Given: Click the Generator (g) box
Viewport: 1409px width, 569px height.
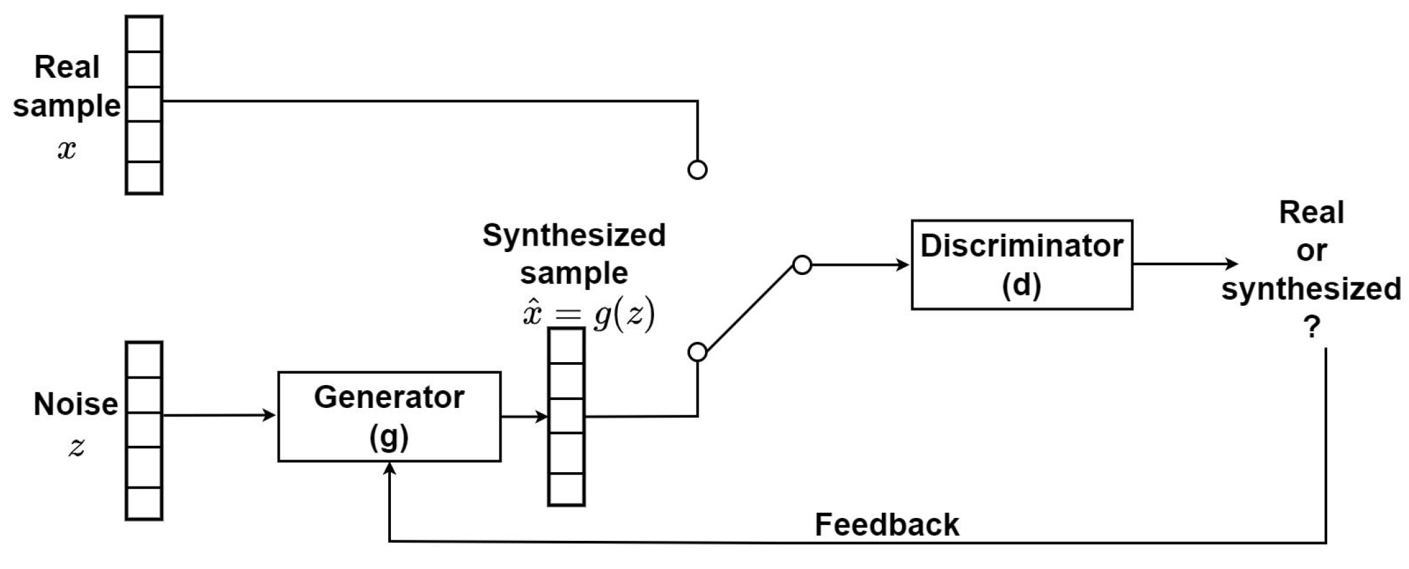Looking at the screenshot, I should tap(389, 416).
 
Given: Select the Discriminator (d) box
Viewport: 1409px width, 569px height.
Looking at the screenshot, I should tap(1021, 265).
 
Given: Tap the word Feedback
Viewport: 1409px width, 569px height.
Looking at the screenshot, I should tap(887, 525).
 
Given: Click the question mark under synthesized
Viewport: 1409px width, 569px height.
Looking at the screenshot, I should tap(1311, 327).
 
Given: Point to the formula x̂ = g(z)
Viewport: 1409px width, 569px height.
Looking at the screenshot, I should tap(588, 316).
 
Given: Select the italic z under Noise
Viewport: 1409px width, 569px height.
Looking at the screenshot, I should tap(77, 447).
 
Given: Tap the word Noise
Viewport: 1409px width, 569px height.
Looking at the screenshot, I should tap(76, 404).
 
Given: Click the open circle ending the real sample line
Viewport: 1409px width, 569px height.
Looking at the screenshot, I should tap(697, 170).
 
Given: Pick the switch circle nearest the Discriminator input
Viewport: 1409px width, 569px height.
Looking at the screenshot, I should tap(802, 265).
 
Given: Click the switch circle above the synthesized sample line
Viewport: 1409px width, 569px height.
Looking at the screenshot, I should tap(697, 352).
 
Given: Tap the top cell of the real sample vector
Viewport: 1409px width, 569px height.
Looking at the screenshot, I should tap(144, 34).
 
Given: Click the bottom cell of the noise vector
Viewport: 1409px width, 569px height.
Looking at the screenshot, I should tap(144, 503).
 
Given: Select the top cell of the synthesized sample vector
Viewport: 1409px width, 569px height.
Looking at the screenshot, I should tap(566, 346).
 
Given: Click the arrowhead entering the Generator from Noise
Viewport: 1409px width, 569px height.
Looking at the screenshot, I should tap(270, 415).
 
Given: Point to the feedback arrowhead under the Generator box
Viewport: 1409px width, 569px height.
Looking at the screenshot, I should tap(390, 468).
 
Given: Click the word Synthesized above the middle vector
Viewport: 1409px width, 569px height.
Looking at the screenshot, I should tap(574, 234).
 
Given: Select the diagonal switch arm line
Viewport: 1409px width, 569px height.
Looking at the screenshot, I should tap(750, 308).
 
